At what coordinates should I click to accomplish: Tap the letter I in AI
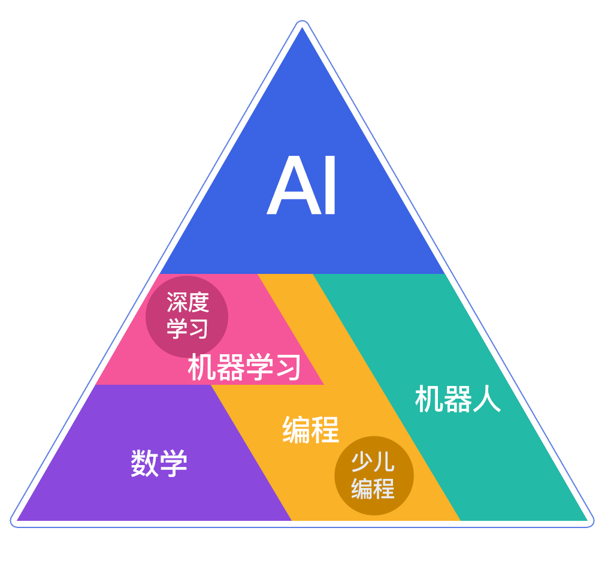(330, 185)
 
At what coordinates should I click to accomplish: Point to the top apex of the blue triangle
(302, 28)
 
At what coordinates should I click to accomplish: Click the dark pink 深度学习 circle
(187, 316)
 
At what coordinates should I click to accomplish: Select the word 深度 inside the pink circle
(187, 302)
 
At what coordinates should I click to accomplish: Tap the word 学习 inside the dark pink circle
(187, 328)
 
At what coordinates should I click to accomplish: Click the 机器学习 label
(244, 367)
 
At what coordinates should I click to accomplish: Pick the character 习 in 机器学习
(288, 367)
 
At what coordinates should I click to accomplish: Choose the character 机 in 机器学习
(201, 367)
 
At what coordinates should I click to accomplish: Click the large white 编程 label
(310, 430)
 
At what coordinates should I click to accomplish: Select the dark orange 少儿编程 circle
(374, 476)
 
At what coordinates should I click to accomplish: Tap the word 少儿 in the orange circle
(373, 462)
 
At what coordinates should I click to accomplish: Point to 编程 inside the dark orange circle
(373, 488)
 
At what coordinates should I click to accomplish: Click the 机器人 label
(458, 399)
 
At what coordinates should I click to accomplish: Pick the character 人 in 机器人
(487, 399)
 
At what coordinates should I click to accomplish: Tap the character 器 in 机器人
(458, 399)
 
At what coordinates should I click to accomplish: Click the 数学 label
(159, 463)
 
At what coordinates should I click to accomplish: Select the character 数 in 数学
(144, 463)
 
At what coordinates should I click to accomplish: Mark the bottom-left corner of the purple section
(17, 521)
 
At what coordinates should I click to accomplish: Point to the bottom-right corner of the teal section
(588, 521)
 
